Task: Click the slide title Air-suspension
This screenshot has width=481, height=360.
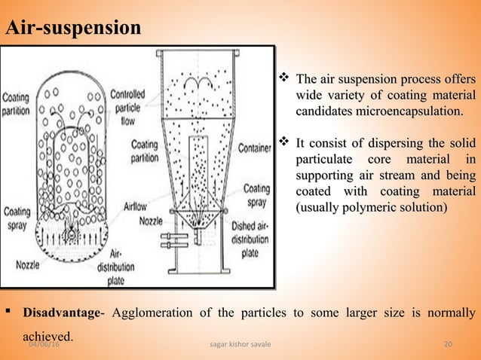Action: coord(73,29)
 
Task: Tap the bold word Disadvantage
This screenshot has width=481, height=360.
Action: coord(60,313)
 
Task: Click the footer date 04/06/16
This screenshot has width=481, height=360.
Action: coord(46,344)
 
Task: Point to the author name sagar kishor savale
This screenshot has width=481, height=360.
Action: coord(240,344)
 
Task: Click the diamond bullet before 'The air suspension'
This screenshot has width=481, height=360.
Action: coord(285,78)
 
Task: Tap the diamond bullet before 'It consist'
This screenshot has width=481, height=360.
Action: coord(285,142)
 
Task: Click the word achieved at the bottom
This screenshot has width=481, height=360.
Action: coord(47,335)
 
